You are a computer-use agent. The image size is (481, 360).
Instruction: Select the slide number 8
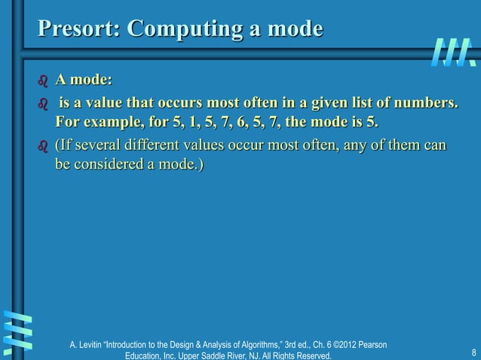473,352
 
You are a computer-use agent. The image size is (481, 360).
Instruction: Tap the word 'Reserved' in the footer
312,355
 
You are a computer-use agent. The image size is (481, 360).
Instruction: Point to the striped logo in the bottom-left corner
17,331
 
